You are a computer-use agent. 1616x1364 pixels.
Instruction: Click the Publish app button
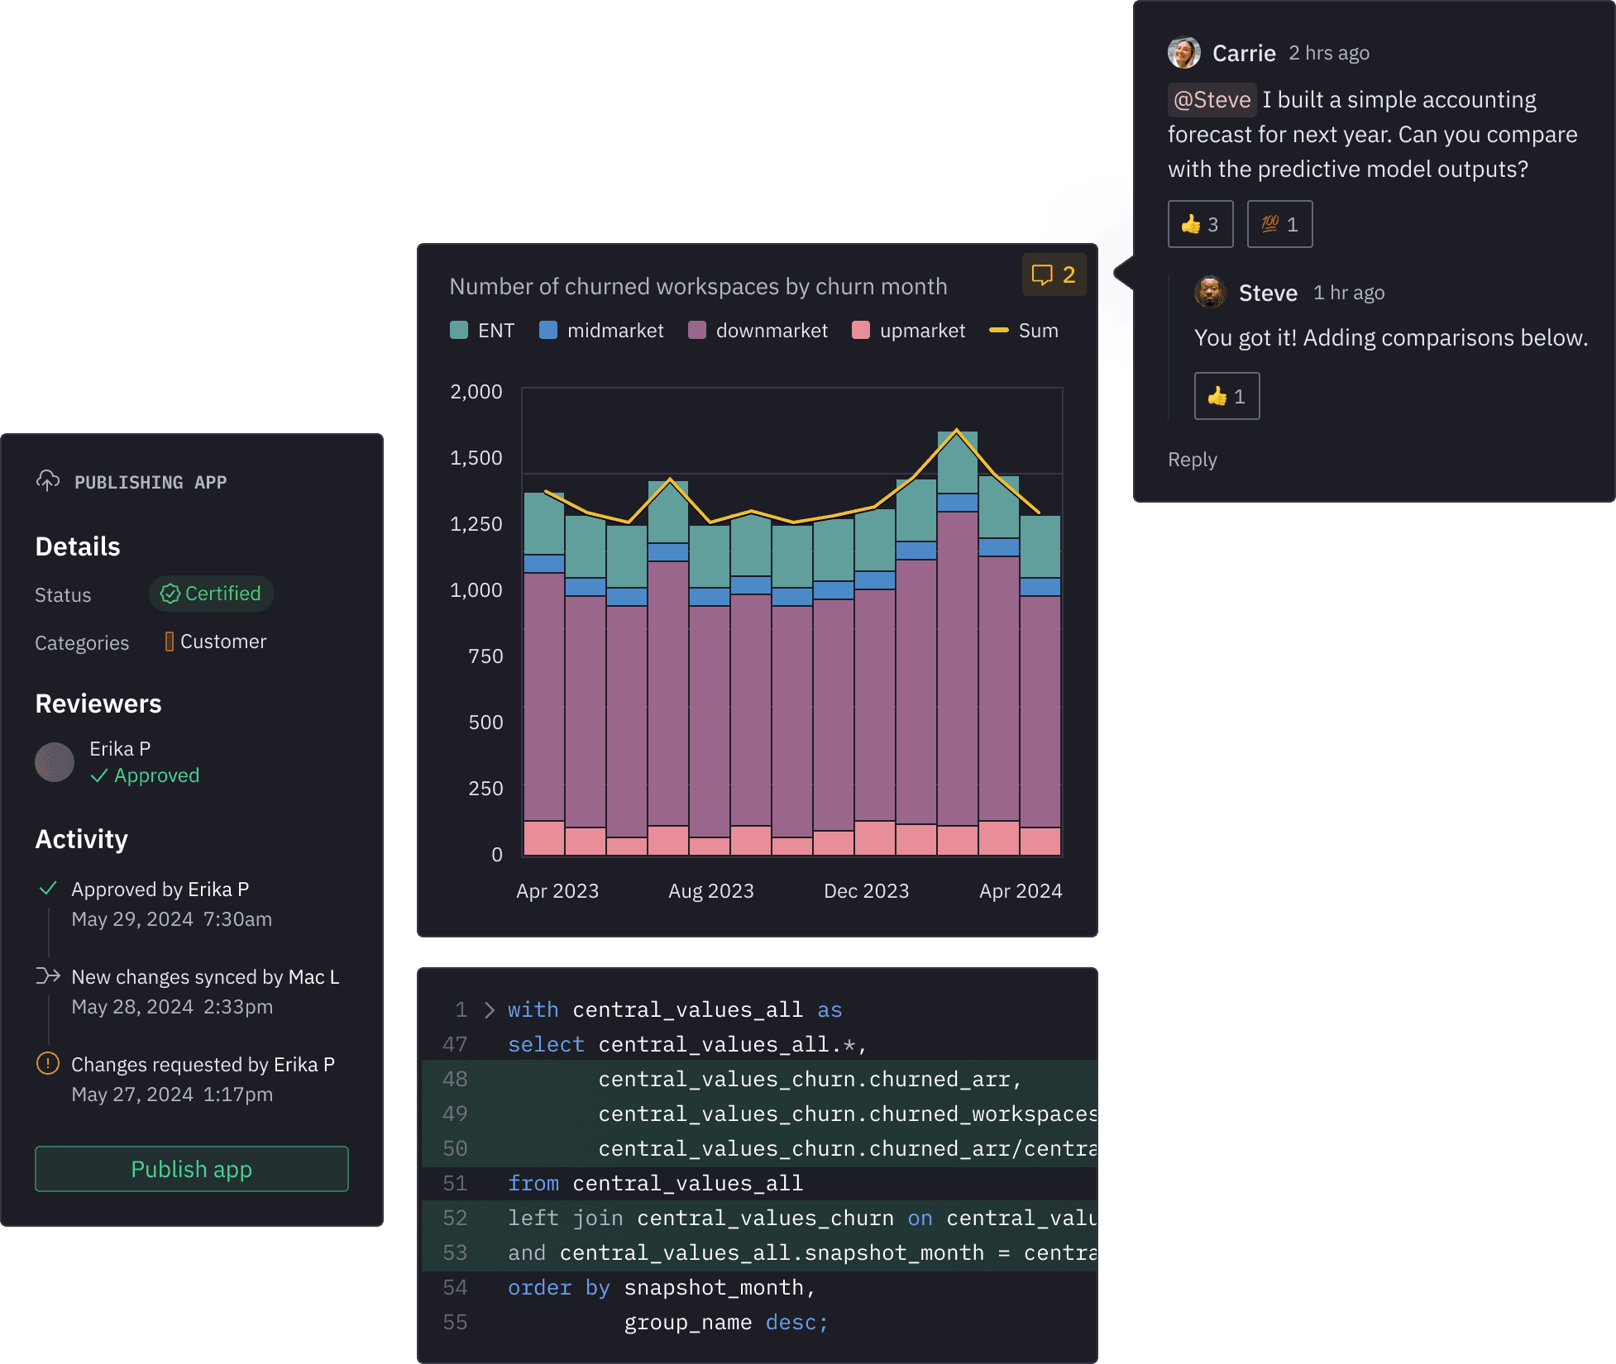click(x=191, y=1169)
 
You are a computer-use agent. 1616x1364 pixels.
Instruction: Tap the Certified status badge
click(x=212, y=594)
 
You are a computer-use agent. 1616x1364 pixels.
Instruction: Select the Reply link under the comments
click(x=1192, y=460)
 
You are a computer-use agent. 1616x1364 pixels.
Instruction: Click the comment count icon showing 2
click(x=1054, y=274)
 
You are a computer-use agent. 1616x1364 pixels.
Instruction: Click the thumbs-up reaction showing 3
click(x=1200, y=224)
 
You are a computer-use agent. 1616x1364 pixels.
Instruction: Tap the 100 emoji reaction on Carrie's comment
click(x=1279, y=224)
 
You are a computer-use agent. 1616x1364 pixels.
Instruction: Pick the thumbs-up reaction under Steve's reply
click(x=1226, y=396)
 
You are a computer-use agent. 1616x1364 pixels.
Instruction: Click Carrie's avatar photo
click(x=1184, y=53)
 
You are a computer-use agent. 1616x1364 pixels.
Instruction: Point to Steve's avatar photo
click(x=1211, y=292)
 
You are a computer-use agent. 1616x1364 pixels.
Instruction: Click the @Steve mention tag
click(x=1212, y=100)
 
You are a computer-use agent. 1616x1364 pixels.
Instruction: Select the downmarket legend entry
click(x=758, y=331)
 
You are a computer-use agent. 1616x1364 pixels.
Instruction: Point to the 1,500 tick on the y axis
click(x=476, y=458)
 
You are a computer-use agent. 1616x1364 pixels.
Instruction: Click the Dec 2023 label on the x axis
click(x=866, y=891)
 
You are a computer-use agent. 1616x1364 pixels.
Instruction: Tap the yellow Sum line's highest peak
click(x=957, y=430)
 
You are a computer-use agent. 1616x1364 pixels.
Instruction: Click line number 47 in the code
click(x=455, y=1045)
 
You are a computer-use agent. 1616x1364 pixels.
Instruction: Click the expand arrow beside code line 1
click(x=490, y=1010)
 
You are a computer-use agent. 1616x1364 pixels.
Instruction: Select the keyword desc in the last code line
click(x=791, y=1323)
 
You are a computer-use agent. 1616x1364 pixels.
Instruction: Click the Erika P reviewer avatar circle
click(x=55, y=762)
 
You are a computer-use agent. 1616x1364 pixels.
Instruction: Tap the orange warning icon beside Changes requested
click(x=48, y=1063)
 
